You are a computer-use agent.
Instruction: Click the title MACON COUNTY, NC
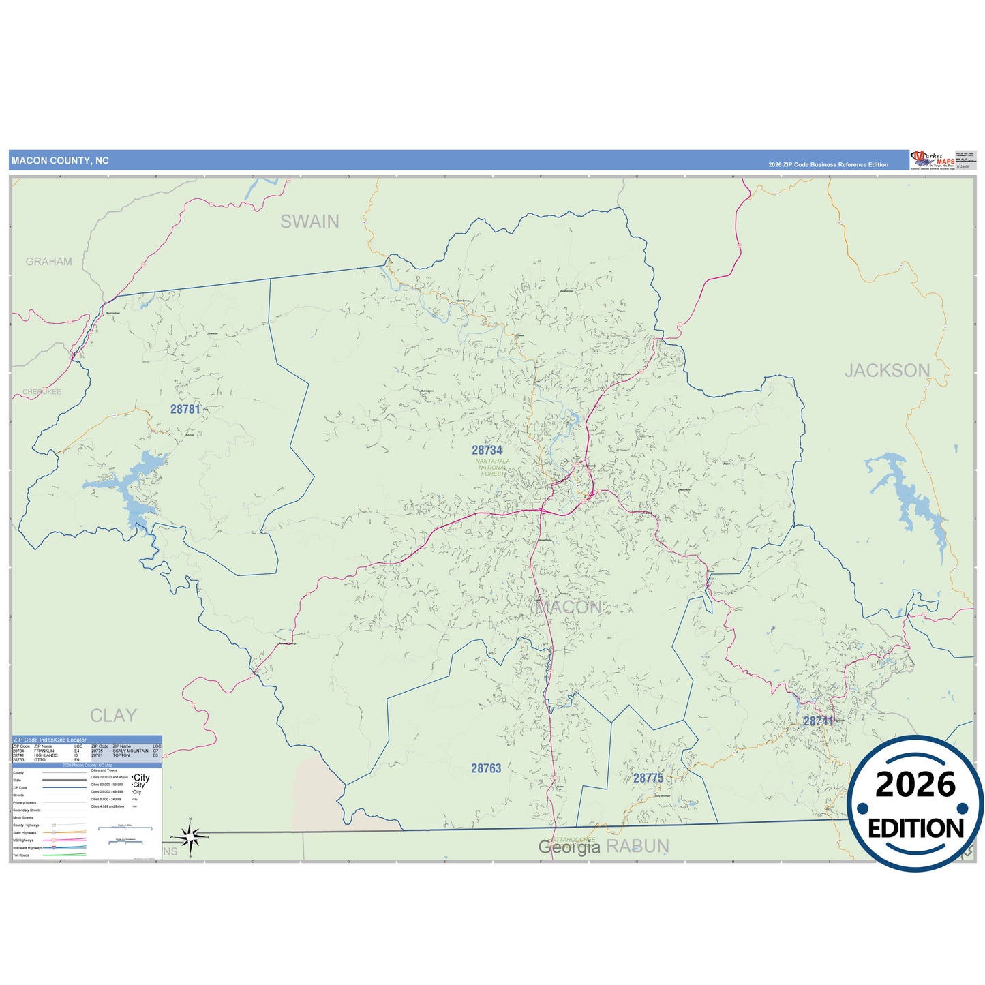60,161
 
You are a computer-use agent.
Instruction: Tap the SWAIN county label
309,222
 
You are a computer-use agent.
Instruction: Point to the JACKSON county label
887,371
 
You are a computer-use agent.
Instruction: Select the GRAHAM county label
48,262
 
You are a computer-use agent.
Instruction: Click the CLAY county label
113,716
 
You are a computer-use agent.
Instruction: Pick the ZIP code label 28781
185,409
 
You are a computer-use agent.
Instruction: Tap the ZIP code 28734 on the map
487,450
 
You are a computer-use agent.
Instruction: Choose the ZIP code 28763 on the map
486,768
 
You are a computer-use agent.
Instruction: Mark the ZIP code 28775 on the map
648,778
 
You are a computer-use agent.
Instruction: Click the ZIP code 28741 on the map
818,721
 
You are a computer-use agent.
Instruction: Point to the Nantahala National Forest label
492,467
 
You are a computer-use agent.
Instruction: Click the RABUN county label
637,847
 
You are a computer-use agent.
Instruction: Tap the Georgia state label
569,847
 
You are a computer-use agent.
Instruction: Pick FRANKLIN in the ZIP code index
44,751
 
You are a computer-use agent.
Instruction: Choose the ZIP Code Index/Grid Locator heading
50,740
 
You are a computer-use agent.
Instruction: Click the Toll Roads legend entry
21,855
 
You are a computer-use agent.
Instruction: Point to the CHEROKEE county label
42,392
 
